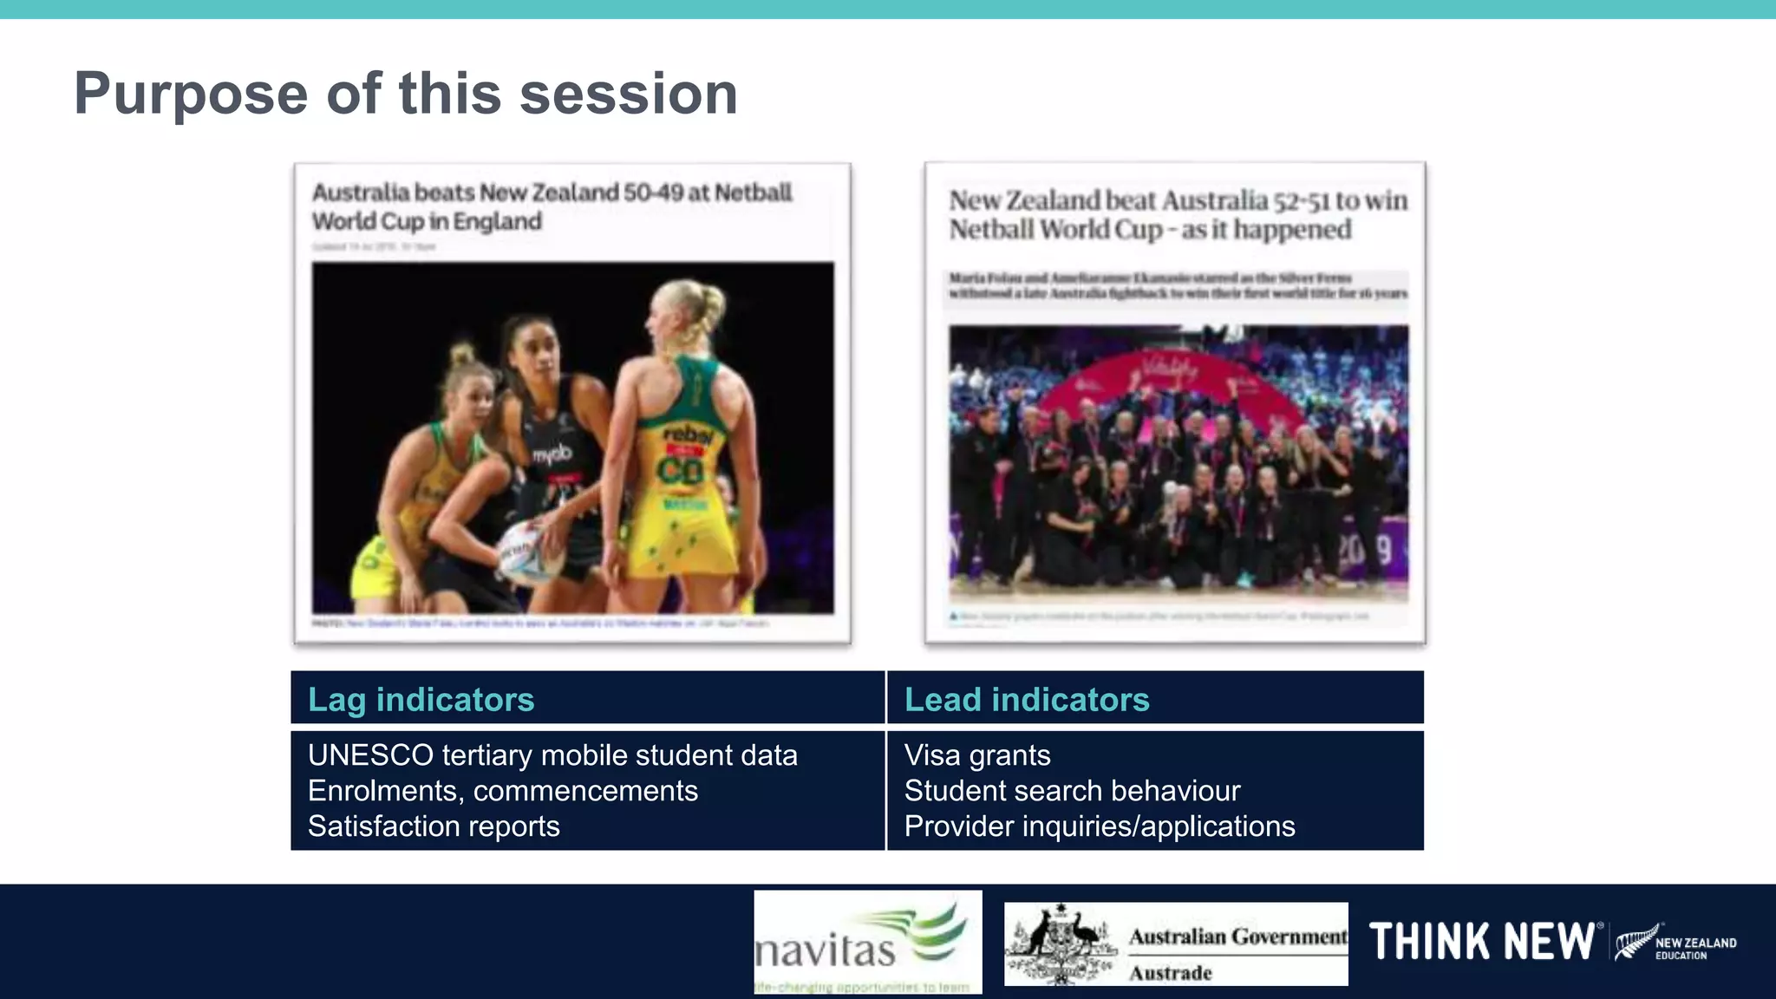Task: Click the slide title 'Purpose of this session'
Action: [406, 94]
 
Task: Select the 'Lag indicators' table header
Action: [421, 700]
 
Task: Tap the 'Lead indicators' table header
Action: [1027, 700]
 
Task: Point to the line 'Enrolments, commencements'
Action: [503, 791]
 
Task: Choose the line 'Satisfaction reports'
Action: [434, 826]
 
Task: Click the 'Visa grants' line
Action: [977, 755]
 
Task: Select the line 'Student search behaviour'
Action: [1072, 791]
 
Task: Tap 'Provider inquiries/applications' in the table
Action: [1100, 826]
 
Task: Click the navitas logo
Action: [867, 942]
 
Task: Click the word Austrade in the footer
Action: [1170, 973]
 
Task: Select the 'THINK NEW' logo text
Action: [1481, 942]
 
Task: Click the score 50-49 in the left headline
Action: [653, 193]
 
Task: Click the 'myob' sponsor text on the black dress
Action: [552, 454]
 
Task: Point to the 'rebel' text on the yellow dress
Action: [688, 434]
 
